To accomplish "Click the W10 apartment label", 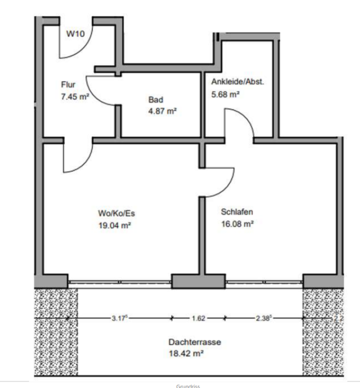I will click(75, 34).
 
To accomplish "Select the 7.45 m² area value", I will click(75, 97).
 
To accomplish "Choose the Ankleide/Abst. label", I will click(237, 82).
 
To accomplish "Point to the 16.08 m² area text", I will click(237, 224).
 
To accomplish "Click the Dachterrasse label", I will click(195, 342).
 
